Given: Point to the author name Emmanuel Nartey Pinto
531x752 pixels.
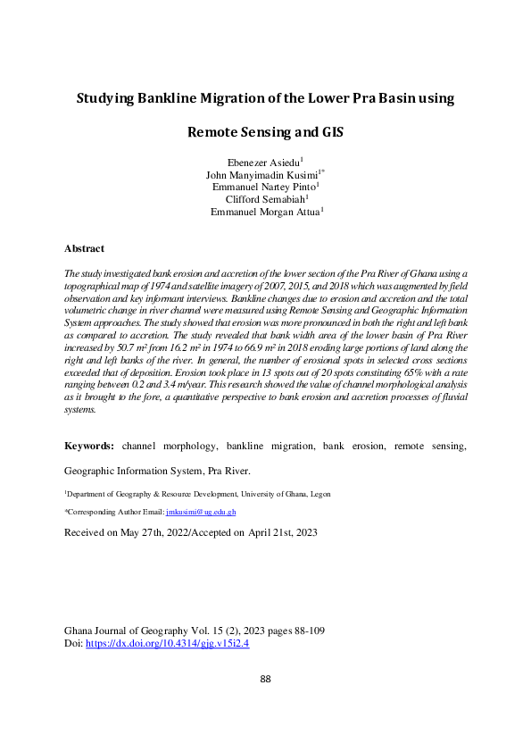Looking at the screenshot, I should pyautogui.click(x=264, y=188).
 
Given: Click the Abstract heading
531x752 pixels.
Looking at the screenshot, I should pyautogui.click(x=85, y=248).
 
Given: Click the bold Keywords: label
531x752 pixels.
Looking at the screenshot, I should pyautogui.click(x=89, y=445).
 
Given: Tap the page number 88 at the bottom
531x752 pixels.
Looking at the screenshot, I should pyautogui.click(x=265, y=681).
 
